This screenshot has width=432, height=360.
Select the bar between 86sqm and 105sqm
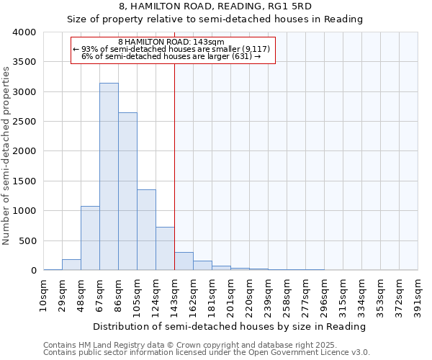point(127,191)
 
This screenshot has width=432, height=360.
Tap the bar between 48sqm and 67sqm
point(90,238)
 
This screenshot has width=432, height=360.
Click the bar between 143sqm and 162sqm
point(184,261)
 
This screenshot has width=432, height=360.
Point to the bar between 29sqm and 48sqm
point(71,265)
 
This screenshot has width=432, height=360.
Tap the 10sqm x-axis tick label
point(43,296)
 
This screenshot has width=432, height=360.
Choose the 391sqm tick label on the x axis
point(418,296)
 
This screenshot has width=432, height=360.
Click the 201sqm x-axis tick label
point(230,296)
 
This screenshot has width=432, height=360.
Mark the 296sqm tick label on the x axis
point(324,296)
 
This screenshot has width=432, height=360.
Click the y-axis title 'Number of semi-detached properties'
point(7,155)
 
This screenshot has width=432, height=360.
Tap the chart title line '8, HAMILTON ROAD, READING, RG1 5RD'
point(215,6)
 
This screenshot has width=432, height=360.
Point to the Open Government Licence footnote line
point(207,353)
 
